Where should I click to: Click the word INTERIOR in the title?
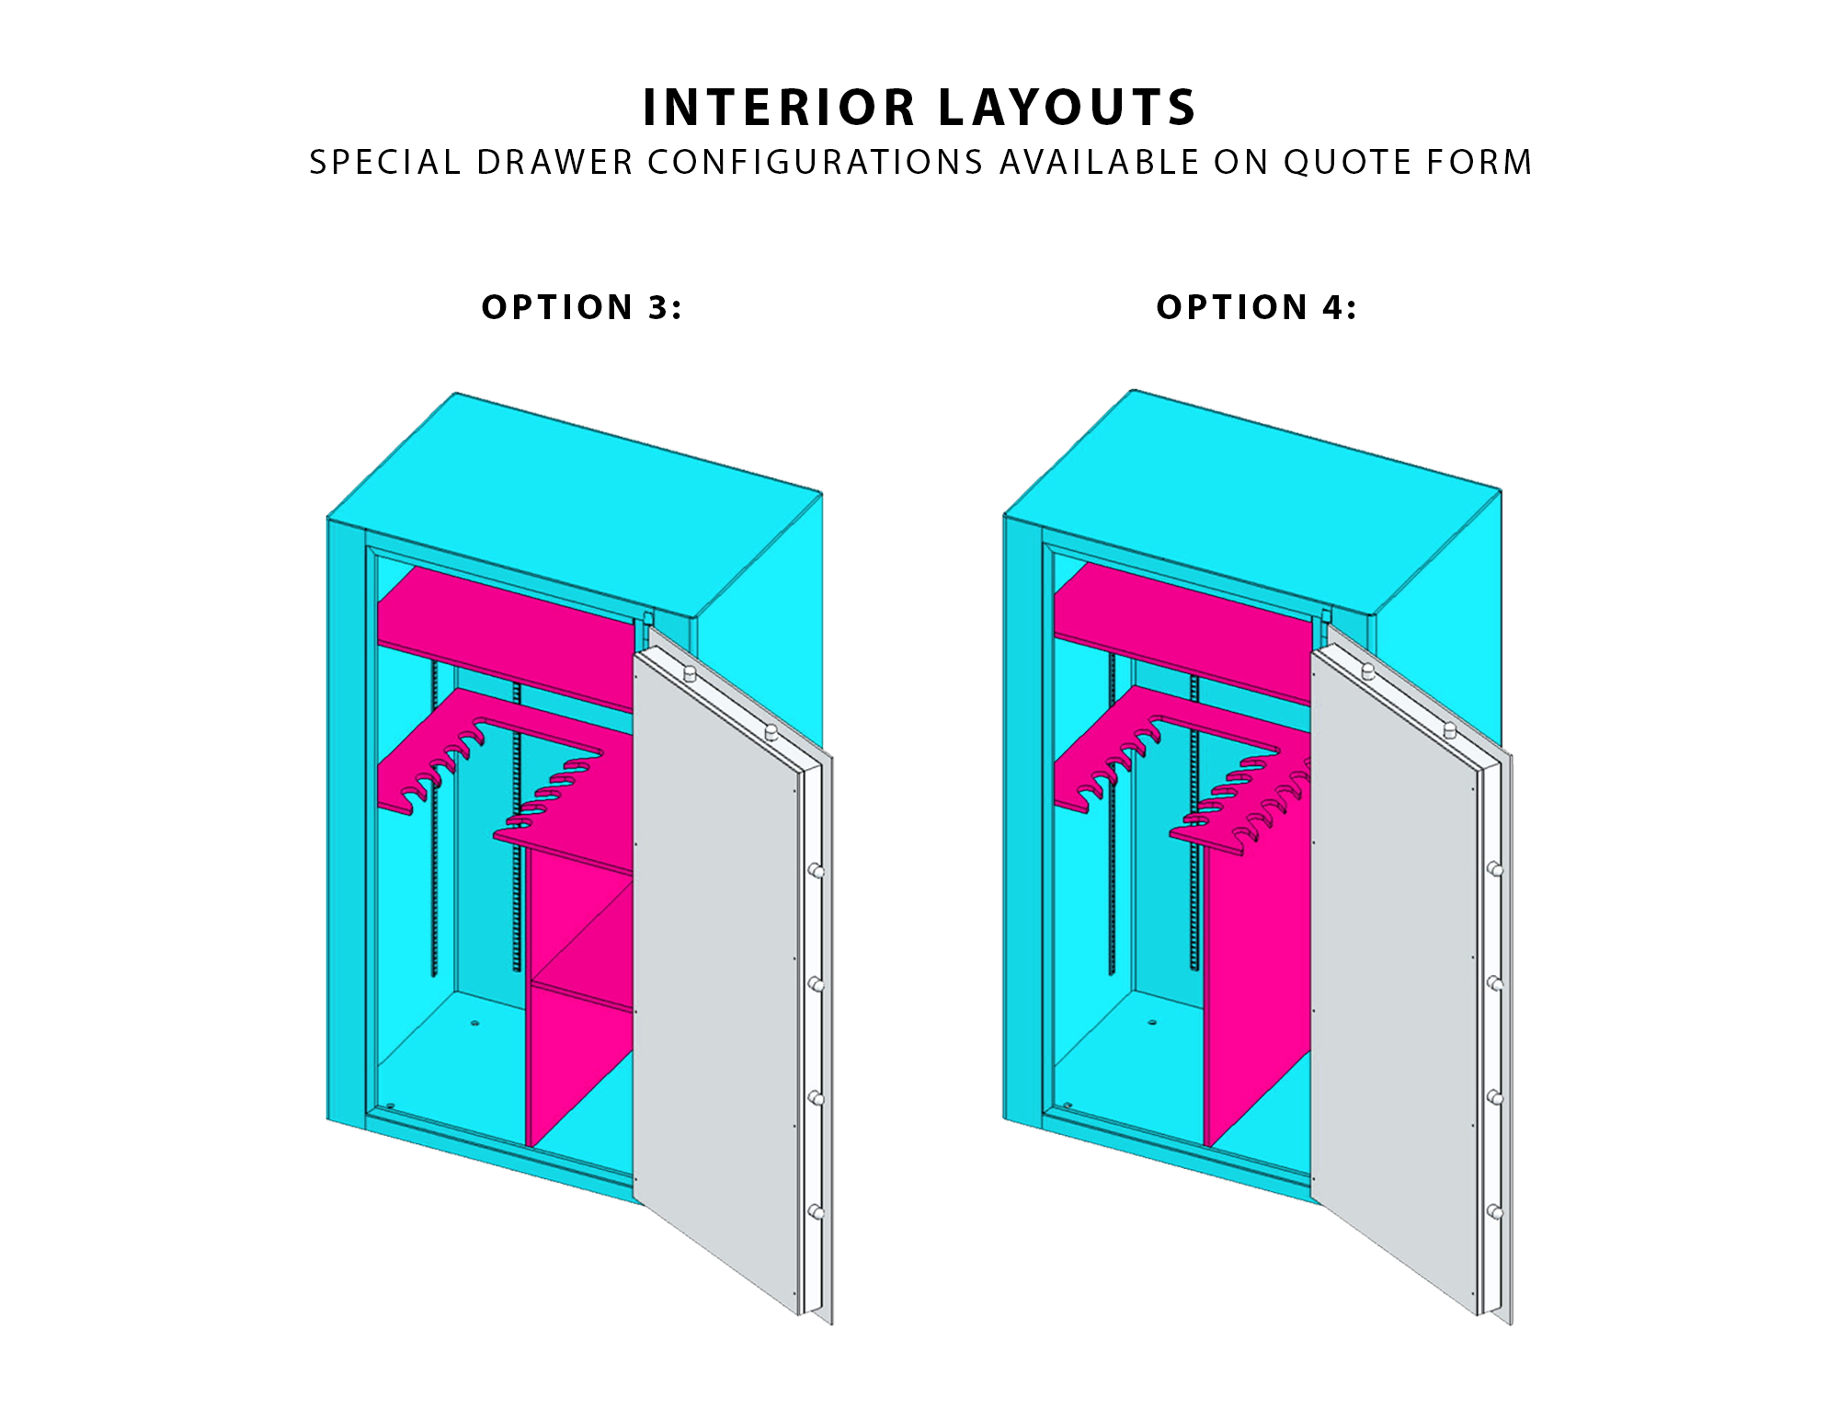click(779, 108)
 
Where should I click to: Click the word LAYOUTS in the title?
click(1068, 108)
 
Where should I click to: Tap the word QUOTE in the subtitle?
click(1349, 163)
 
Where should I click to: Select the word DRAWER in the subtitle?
click(554, 163)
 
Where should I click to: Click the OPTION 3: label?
click(582, 307)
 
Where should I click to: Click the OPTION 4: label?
click(1256, 307)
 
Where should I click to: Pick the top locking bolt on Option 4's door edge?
click(1495, 869)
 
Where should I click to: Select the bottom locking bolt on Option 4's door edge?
click(1495, 1212)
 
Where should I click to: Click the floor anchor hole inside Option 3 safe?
click(474, 1023)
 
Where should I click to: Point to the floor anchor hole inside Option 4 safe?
click(1151, 1022)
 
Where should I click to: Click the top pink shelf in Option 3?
click(506, 635)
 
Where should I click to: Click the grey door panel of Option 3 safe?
click(717, 975)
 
